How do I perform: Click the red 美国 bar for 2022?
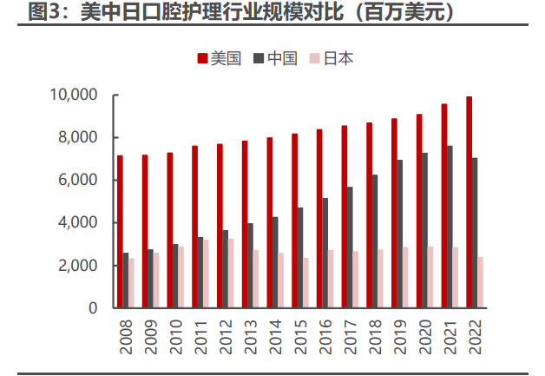[x=469, y=202]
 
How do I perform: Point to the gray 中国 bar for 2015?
[x=300, y=258]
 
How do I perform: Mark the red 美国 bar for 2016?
[x=319, y=219]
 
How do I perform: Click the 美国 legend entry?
[x=220, y=58]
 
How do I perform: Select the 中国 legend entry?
[x=276, y=58]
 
